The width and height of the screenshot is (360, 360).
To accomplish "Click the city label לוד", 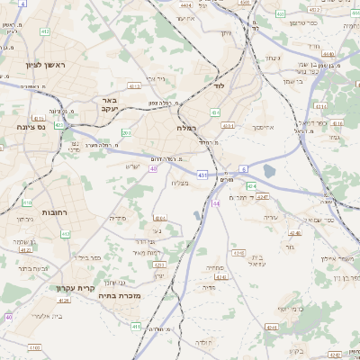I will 219,85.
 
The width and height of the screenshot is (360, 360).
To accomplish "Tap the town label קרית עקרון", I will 75,288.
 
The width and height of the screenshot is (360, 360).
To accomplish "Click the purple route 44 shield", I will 217,203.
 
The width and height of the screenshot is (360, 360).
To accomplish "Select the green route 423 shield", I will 58,125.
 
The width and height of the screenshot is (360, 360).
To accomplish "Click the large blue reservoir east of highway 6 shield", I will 268,171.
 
